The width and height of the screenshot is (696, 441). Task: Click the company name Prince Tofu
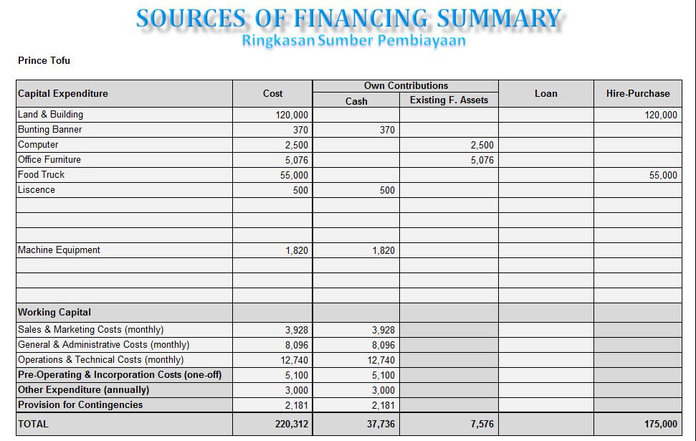click(x=44, y=60)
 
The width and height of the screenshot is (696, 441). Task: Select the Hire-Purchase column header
click(x=638, y=93)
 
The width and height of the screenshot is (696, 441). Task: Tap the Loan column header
click(x=545, y=93)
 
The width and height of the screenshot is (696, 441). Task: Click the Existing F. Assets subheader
click(x=449, y=100)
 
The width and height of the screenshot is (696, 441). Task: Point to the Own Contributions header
click(x=406, y=86)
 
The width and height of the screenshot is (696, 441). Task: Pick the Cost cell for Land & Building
click(x=292, y=115)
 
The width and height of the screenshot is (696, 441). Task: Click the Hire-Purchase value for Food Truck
click(x=663, y=176)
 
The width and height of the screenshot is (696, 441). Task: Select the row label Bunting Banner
click(x=49, y=130)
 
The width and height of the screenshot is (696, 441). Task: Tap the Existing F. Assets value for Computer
click(x=482, y=146)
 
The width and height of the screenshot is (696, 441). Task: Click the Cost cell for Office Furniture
click(x=297, y=161)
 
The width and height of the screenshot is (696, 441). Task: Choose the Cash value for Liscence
click(x=387, y=191)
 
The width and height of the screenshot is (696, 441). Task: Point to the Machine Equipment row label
click(x=59, y=250)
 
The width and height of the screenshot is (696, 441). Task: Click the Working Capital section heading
click(x=54, y=312)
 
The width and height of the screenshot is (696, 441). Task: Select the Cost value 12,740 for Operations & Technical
click(x=295, y=360)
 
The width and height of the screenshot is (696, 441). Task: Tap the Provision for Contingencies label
click(x=80, y=404)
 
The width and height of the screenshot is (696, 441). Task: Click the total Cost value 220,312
click(x=292, y=424)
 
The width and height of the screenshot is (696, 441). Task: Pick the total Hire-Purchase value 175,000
click(x=661, y=424)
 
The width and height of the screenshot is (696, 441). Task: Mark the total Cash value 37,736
click(x=381, y=424)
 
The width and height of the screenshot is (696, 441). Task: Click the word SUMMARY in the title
click(x=499, y=19)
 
